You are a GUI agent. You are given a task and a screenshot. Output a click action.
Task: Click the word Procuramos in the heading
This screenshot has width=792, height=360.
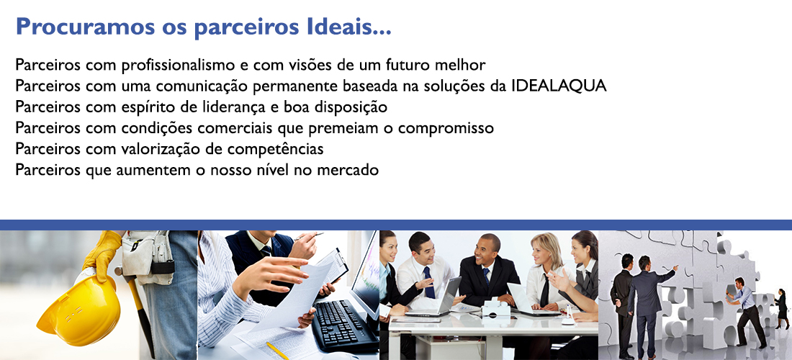coord(86,27)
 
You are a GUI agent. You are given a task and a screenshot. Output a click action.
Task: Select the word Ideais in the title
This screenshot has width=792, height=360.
coord(349,26)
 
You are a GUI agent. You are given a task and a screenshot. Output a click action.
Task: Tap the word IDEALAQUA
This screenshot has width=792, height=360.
coord(559,86)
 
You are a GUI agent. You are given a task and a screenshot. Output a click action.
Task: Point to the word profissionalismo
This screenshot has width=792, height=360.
coord(178,65)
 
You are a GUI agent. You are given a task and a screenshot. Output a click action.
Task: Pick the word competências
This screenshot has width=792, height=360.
coord(277,150)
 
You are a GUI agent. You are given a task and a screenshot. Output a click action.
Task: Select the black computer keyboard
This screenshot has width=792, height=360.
coord(343,324)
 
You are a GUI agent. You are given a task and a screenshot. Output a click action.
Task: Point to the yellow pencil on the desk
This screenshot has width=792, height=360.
coord(278,351)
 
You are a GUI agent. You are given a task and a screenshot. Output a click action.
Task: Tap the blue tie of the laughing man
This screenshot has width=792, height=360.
coord(429,282)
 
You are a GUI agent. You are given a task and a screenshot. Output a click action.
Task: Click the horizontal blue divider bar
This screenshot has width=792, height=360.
coord(396,225)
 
